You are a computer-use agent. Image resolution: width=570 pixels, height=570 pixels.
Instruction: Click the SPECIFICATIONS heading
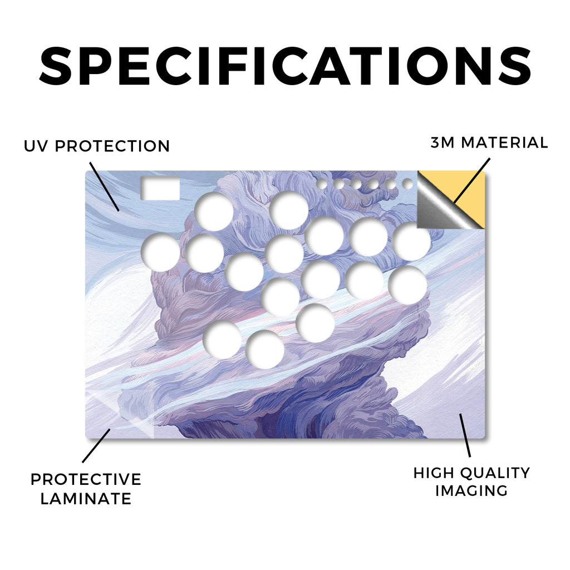coord(285,66)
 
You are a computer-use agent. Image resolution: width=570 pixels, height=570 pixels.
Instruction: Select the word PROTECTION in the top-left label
coord(112,146)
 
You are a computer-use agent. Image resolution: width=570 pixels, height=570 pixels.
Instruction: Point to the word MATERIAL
coord(504,143)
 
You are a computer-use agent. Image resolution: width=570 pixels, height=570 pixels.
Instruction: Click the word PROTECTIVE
coord(86,479)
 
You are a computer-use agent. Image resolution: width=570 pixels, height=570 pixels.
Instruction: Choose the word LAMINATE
coord(86,499)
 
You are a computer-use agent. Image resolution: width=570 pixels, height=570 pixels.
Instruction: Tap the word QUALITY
coord(494,473)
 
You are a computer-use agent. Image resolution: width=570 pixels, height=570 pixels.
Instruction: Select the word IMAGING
coord(471,491)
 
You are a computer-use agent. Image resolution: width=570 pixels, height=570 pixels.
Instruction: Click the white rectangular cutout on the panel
coord(160,188)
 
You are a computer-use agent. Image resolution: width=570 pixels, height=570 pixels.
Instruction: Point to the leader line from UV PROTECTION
coord(104,187)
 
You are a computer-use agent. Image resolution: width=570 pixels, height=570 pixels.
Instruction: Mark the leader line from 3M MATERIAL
coord(472,181)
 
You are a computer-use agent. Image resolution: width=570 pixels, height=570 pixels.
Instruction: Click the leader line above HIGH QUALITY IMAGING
coord(465,435)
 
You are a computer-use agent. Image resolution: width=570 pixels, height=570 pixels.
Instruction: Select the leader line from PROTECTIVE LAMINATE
coord(96,446)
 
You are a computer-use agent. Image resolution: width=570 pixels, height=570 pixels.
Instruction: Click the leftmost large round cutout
coord(160,253)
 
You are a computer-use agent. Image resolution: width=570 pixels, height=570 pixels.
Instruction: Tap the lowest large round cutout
coord(264,350)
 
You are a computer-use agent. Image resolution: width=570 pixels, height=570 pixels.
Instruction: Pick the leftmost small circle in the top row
coord(322,184)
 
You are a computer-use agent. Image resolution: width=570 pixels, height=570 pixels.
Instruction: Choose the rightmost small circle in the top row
coord(407,184)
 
